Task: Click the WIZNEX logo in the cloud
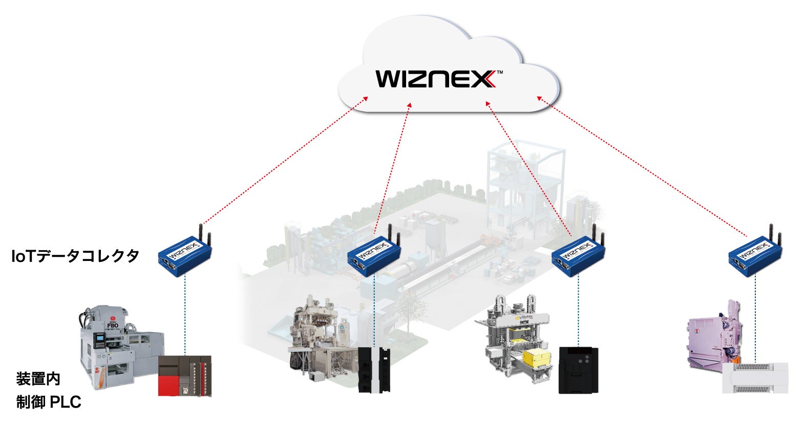click(x=436, y=79)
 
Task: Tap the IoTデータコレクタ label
click(x=75, y=255)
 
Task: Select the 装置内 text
click(x=38, y=379)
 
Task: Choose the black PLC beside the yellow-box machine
click(x=578, y=370)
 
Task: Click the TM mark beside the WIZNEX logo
click(x=499, y=72)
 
